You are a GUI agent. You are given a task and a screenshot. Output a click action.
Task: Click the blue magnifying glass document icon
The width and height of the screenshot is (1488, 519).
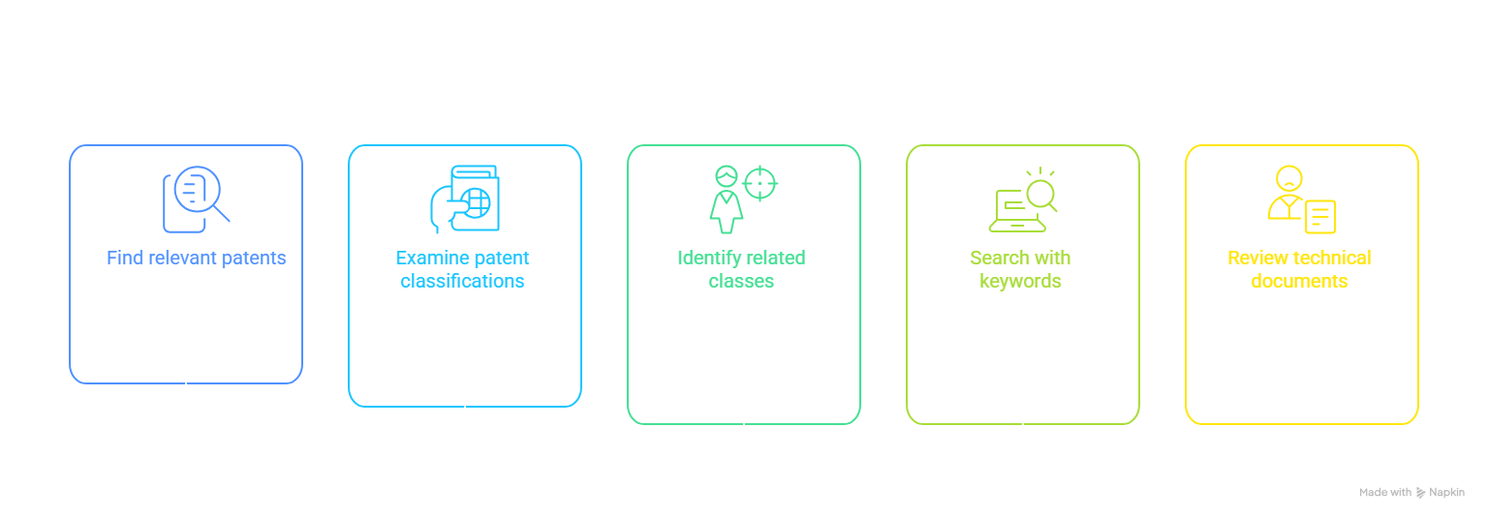pyautogui.click(x=196, y=199)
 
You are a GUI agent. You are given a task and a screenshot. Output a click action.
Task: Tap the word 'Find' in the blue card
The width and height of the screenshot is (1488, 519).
pyautogui.click(x=125, y=258)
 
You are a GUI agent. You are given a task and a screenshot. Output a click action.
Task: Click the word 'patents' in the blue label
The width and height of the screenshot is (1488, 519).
pyautogui.click(x=254, y=259)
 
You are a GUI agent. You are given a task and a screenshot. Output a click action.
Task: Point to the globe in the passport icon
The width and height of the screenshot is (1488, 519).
pyautogui.click(x=477, y=203)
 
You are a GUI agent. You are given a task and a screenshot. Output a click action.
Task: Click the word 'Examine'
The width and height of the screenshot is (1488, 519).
pyautogui.click(x=432, y=258)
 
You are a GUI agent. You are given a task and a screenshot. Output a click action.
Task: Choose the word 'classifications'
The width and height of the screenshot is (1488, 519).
pyautogui.click(x=462, y=281)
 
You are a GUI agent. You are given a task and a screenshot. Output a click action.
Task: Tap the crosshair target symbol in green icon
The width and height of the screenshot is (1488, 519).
pyautogui.click(x=759, y=183)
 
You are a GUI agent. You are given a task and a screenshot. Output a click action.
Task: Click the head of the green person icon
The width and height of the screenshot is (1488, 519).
pyautogui.click(x=727, y=176)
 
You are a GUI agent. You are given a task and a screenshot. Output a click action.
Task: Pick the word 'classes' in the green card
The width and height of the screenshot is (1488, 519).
pyautogui.click(x=741, y=281)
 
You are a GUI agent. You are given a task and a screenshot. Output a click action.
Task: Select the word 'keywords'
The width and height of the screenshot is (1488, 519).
pyautogui.click(x=1020, y=282)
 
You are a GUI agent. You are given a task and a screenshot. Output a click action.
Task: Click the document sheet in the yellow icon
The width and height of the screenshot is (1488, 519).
pyautogui.click(x=1320, y=216)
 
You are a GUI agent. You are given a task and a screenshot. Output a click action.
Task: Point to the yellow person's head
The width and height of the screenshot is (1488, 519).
pyautogui.click(x=1288, y=178)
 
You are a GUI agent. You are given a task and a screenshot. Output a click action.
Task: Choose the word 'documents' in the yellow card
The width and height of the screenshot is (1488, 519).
pyautogui.click(x=1299, y=281)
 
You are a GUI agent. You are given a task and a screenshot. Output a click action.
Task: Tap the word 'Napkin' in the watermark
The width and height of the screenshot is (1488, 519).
pyautogui.click(x=1446, y=493)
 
